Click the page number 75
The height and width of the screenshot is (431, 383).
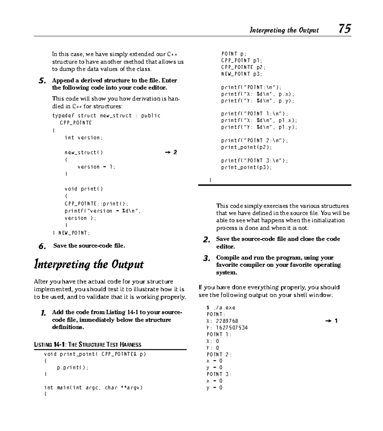click(345, 29)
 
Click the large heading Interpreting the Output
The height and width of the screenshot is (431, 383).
click(89, 265)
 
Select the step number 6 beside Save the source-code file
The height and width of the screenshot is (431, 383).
click(42, 246)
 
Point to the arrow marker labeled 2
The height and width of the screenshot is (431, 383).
click(171, 152)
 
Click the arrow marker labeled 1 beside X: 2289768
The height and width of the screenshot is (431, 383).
click(331, 321)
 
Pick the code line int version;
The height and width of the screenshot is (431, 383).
click(84, 138)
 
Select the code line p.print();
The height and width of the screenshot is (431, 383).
click(72, 367)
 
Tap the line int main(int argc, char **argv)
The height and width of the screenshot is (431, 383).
click(93, 388)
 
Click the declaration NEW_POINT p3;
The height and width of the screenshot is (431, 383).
click(242, 74)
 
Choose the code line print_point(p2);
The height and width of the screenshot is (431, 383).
click(246, 147)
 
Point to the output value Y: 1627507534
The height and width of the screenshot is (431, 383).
click(227, 328)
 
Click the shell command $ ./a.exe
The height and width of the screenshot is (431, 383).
click(221, 307)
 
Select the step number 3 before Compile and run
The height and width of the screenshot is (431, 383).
click(207, 258)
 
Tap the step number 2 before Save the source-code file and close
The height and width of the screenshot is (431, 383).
click(207, 239)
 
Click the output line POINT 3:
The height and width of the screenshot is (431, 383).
click(219, 374)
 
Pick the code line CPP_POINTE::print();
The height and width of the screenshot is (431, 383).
click(96, 204)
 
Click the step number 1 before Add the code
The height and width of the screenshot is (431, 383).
click(43, 313)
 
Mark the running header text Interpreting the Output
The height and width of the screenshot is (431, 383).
click(284, 30)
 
